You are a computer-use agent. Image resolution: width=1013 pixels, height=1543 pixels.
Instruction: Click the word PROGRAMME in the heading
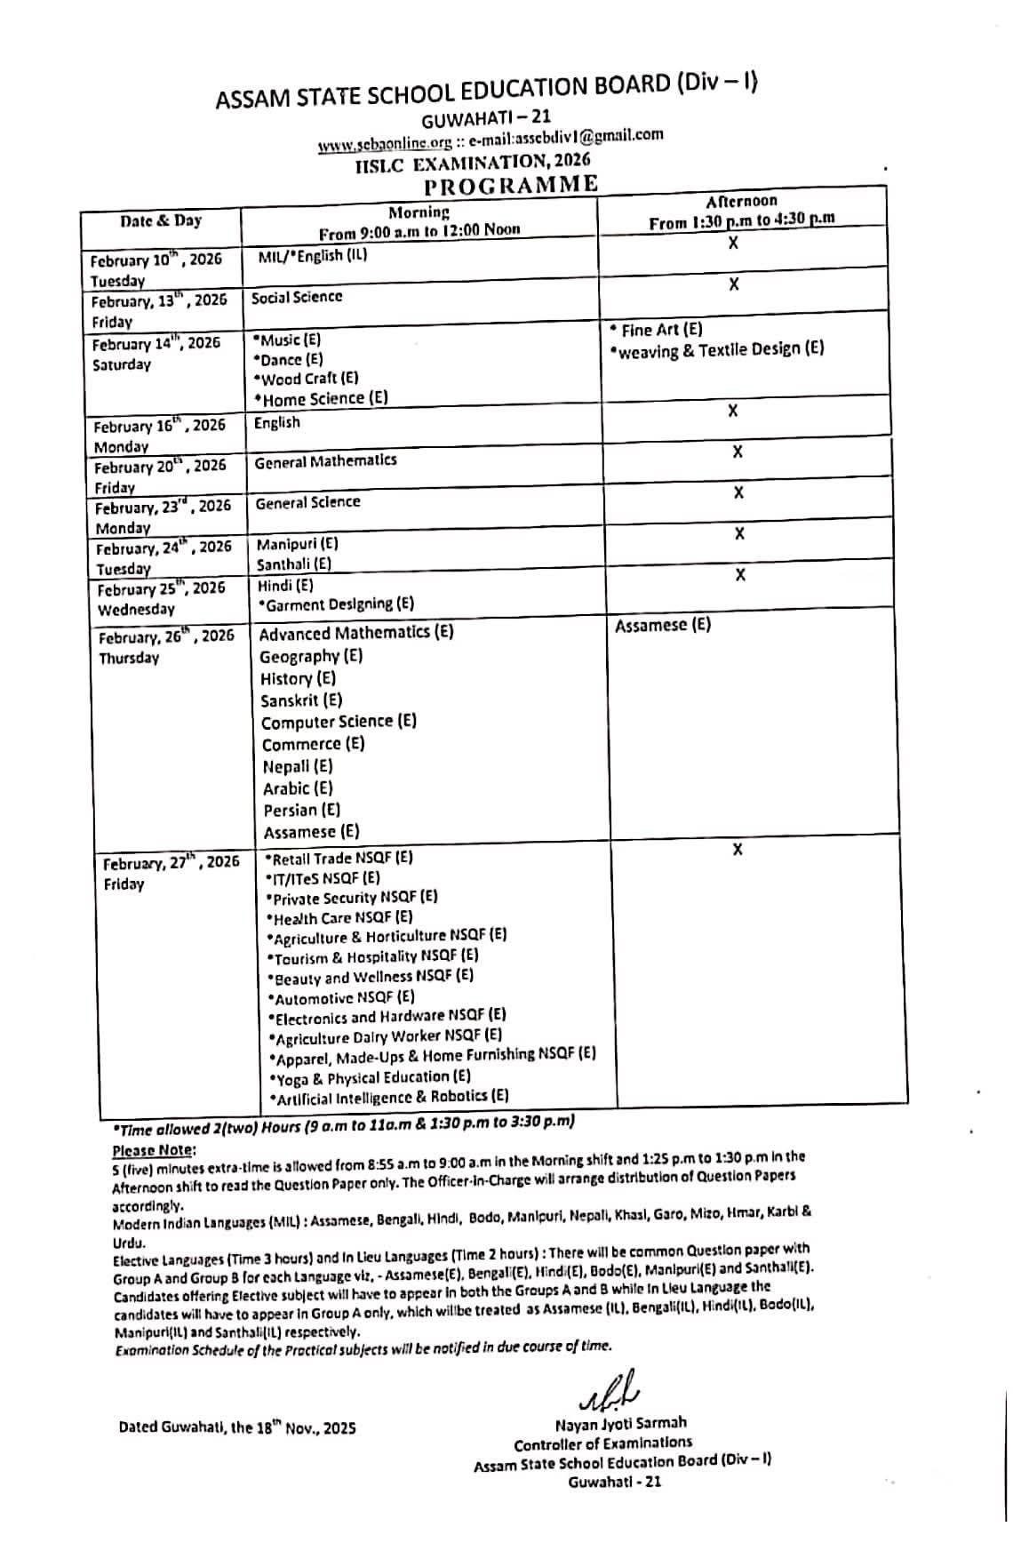click(510, 185)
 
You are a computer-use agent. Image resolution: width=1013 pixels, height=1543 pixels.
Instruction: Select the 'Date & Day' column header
click(161, 221)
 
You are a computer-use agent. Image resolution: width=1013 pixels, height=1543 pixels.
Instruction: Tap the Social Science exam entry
click(296, 297)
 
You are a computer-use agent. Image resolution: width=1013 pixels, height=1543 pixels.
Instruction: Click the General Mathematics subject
click(325, 461)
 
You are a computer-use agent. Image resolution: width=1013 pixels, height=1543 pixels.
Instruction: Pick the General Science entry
click(307, 502)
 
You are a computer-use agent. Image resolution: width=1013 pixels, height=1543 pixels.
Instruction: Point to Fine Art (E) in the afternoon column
click(657, 330)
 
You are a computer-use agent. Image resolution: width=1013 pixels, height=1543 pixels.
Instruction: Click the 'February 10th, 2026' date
click(156, 260)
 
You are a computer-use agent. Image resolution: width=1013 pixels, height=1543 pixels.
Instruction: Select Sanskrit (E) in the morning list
click(301, 700)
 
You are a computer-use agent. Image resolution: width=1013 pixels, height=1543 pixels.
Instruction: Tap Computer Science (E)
click(339, 722)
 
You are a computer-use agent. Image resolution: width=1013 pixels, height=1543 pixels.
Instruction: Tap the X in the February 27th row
click(738, 851)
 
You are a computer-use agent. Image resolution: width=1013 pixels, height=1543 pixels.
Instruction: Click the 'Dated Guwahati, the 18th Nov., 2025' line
click(237, 1427)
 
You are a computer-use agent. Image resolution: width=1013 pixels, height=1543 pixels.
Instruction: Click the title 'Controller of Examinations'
click(602, 1443)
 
